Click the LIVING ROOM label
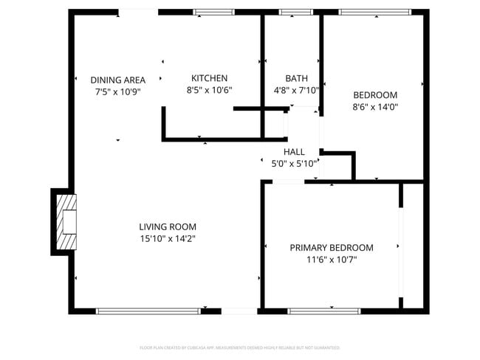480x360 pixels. [168, 226]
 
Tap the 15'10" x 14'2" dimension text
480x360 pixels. [168, 238]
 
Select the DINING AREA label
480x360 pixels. [118, 80]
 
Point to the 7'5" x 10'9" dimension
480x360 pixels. [118, 92]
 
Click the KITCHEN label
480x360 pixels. [209, 78]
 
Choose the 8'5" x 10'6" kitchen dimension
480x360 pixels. [209, 90]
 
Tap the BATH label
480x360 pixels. [296, 78]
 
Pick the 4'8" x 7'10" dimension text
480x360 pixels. [296, 90]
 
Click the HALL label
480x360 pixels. [294, 151]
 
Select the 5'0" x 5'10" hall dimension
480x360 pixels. [294, 164]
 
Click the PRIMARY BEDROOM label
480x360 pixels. [331, 248]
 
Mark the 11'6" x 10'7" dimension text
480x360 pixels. [331, 260]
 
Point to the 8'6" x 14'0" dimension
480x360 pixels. [375, 106]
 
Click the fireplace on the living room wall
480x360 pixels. [66, 221]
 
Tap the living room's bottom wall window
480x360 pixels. [148, 311]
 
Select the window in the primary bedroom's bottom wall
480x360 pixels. [323, 311]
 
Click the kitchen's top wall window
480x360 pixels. [213, 13]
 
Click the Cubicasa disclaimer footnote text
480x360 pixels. [240, 347]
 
